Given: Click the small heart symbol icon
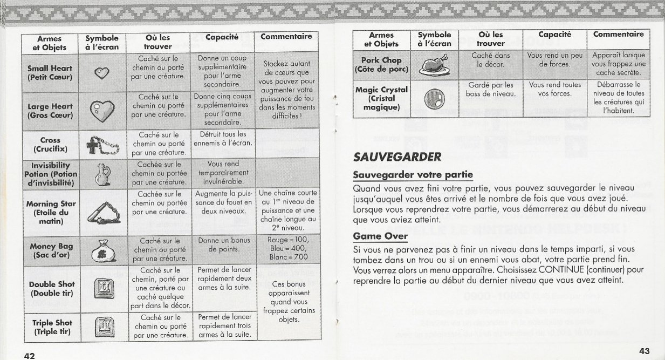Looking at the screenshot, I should pos(101,72).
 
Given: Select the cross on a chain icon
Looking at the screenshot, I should pos(101,145).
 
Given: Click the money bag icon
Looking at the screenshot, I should pos(101,250).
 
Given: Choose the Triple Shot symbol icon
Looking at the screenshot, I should pos(101,325).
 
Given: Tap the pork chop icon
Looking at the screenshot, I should pos(434,64).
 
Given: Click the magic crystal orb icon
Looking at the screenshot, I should pos(434,98).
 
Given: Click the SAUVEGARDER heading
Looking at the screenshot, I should pos(397,157).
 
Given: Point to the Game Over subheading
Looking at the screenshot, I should pos(380,236).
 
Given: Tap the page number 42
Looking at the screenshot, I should pos(29,355).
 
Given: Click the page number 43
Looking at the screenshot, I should pos(644,351).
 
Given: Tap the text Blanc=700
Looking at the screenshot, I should pos(287,257).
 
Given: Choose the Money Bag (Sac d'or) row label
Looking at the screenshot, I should pos(51,250).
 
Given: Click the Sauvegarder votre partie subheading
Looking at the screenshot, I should pos(413,175).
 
